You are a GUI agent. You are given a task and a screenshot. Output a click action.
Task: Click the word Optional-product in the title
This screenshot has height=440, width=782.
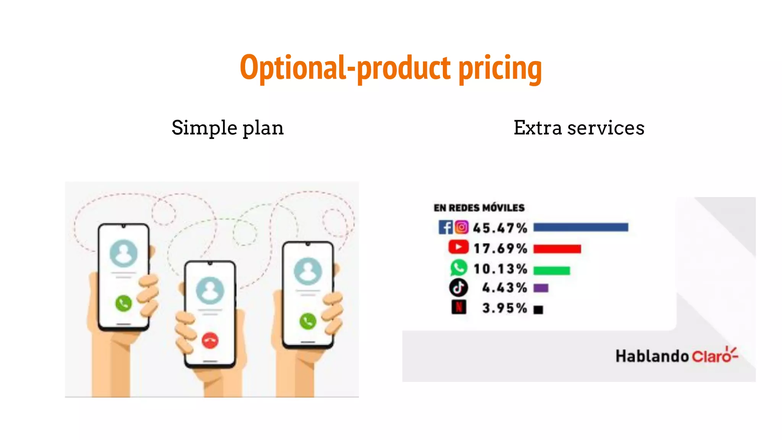coord(345,68)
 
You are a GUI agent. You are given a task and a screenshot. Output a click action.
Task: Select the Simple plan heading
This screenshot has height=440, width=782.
coord(228,128)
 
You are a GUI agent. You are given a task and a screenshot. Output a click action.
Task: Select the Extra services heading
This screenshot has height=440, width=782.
coord(578,128)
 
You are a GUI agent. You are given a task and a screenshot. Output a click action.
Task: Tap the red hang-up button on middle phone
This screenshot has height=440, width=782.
coord(210,340)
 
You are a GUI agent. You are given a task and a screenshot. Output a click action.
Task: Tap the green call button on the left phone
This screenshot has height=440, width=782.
coord(123,304)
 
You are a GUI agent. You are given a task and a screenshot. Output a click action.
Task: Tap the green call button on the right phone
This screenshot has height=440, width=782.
coord(308,321)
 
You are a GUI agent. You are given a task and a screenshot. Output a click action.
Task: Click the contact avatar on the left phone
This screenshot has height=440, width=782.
coord(123,253)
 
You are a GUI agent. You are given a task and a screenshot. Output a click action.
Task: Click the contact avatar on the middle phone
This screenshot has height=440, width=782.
coord(210,291)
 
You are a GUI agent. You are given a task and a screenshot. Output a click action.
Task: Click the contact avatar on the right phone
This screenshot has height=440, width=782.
coord(308,271)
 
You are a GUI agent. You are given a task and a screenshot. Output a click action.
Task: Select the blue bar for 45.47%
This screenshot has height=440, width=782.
coord(580,228)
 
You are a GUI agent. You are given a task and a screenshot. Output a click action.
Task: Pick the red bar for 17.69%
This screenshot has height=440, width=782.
coord(557,249)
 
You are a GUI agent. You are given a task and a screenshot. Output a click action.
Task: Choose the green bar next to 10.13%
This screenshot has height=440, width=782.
coord(551,270)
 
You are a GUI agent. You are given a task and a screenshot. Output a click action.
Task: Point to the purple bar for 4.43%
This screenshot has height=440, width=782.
coord(541,288)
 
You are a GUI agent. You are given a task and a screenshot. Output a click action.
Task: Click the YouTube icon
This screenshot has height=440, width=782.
coord(458,247)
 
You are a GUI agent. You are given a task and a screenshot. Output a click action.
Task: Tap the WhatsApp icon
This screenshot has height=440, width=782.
coord(458,268)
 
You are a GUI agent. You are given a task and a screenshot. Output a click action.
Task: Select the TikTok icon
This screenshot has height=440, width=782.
coord(458,288)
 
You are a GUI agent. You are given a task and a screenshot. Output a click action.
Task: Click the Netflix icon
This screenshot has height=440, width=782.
coord(459,307)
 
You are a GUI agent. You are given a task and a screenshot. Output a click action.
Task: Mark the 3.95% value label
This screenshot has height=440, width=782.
coord(504,308)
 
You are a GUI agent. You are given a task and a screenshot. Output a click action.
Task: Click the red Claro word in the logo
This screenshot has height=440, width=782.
coord(711,356)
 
